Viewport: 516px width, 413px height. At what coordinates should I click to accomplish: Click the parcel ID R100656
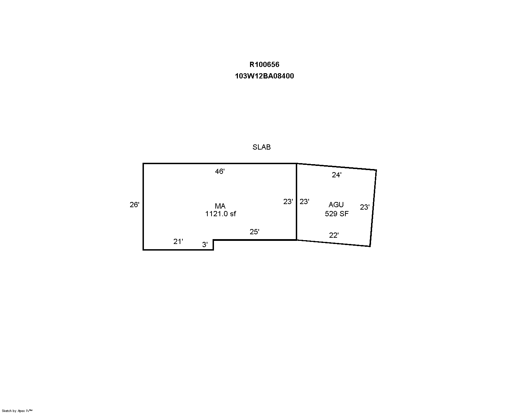click(x=264, y=64)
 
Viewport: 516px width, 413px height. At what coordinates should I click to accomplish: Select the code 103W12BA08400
click(x=264, y=76)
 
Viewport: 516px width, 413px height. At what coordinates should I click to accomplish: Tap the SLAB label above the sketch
click(x=261, y=147)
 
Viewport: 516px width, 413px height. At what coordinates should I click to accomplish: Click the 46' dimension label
click(x=220, y=171)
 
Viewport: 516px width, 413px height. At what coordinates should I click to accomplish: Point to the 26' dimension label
click(x=134, y=204)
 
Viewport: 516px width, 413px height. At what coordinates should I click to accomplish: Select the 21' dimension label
click(x=178, y=242)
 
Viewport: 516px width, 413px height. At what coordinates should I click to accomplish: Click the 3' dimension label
click(x=205, y=245)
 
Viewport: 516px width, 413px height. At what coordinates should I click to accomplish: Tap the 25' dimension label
click(x=255, y=231)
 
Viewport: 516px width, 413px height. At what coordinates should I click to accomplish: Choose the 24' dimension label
click(x=336, y=175)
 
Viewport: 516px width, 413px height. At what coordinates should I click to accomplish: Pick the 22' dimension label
click(x=334, y=235)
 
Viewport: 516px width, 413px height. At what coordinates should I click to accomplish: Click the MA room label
click(x=220, y=206)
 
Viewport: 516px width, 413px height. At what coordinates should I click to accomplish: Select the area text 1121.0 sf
click(x=220, y=213)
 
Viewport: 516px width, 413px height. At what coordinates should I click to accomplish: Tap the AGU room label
click(x=336, y=204)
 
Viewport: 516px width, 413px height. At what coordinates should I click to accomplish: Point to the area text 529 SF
click(x=337, y=213)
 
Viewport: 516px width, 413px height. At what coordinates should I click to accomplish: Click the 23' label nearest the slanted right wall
click(x=365, y=207)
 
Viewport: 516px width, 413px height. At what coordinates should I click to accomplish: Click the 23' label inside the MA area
click(x=288, y=202)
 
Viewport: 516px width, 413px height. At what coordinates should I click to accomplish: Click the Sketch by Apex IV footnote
click(x=17, y=411)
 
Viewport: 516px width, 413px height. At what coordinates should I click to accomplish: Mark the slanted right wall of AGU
click(x=373, y=208)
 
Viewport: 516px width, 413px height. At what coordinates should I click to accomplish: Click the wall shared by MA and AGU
click(x=296, y=202)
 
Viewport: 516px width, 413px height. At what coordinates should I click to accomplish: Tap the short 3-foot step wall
click(x=213, y=245)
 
